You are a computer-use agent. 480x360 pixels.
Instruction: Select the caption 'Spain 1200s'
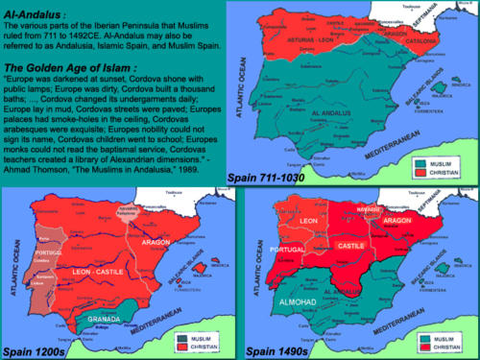pyautogui.click(x=36, y=351)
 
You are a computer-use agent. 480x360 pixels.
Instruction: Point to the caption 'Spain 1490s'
pyautogui.click(x=276, y=351)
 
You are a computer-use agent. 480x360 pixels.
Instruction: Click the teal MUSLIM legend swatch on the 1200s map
pyautogui.click(x=181, y=338)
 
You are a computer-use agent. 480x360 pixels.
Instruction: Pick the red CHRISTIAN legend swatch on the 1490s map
pyautogui.click(x=420, y=347)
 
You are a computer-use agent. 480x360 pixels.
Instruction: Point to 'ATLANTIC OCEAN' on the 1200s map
pyautogui.click(x=13, y=252)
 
